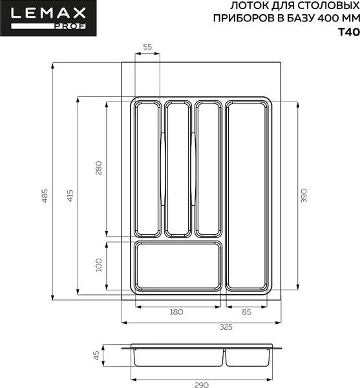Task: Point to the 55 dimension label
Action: point(147,47)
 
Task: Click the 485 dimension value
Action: point(45,196)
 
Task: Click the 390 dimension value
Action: point(303,195)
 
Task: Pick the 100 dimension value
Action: point(99,264)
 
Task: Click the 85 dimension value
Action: point(246,312)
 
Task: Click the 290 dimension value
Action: point(202,385)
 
